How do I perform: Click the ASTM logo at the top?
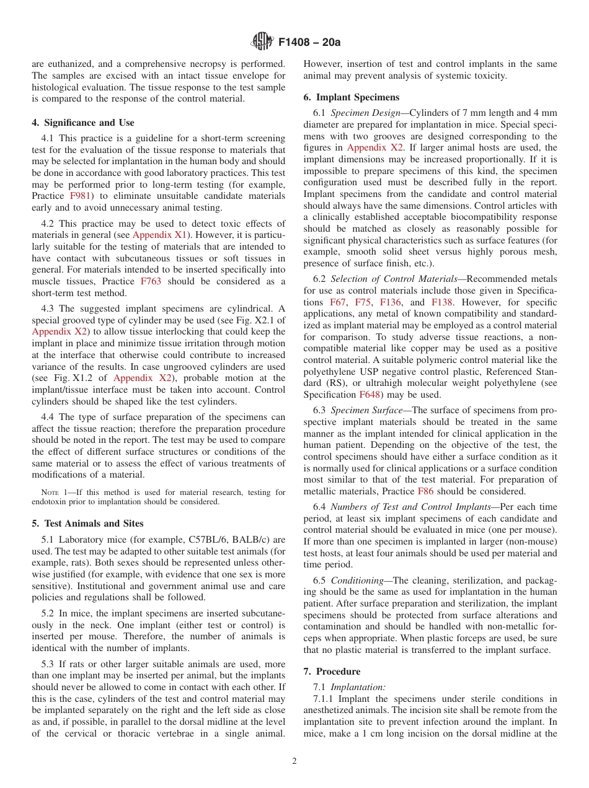[262, 42]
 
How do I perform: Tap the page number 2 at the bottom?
[294, 761]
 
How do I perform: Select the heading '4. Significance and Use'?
[83, 123]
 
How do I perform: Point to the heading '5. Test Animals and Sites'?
[87, 523]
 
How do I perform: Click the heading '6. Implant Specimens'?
[352, 97]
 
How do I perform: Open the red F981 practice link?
[80, 196]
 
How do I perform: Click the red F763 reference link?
[151, 281]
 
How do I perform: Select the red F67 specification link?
[339, 302]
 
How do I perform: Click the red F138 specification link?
[441, 302]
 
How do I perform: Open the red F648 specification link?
[371, 395]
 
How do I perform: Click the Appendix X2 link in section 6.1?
[375, 147]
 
